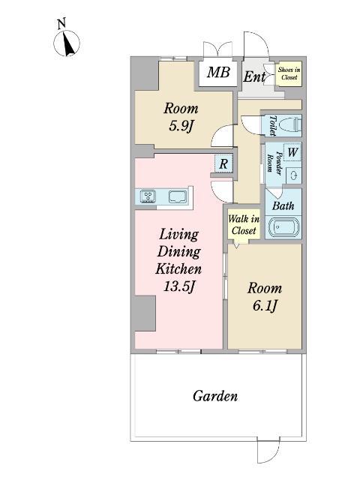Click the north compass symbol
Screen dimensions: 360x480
(67, 43)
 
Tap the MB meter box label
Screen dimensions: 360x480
(218, 73)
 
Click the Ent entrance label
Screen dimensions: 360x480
(254, 76)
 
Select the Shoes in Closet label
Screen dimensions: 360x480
(289, 73)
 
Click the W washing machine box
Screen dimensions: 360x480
(292, 152)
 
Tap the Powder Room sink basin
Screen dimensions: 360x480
(294, 175)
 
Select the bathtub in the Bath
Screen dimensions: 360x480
(283, 227)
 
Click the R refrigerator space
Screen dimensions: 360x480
(223, 163)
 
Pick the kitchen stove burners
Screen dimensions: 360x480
(148, 196)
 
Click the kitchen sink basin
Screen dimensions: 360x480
(178, 196)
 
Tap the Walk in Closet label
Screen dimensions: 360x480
(244, 225)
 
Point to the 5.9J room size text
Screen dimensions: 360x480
(181, 125)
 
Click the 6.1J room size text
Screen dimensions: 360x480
(265, 305)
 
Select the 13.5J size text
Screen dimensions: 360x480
(179, 286)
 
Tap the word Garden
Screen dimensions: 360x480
(215, 396)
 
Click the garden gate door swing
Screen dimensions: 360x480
(268, 451)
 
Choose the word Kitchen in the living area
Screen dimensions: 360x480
(178, 269)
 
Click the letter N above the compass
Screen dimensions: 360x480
(61, 23)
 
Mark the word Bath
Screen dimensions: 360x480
(283, 205)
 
